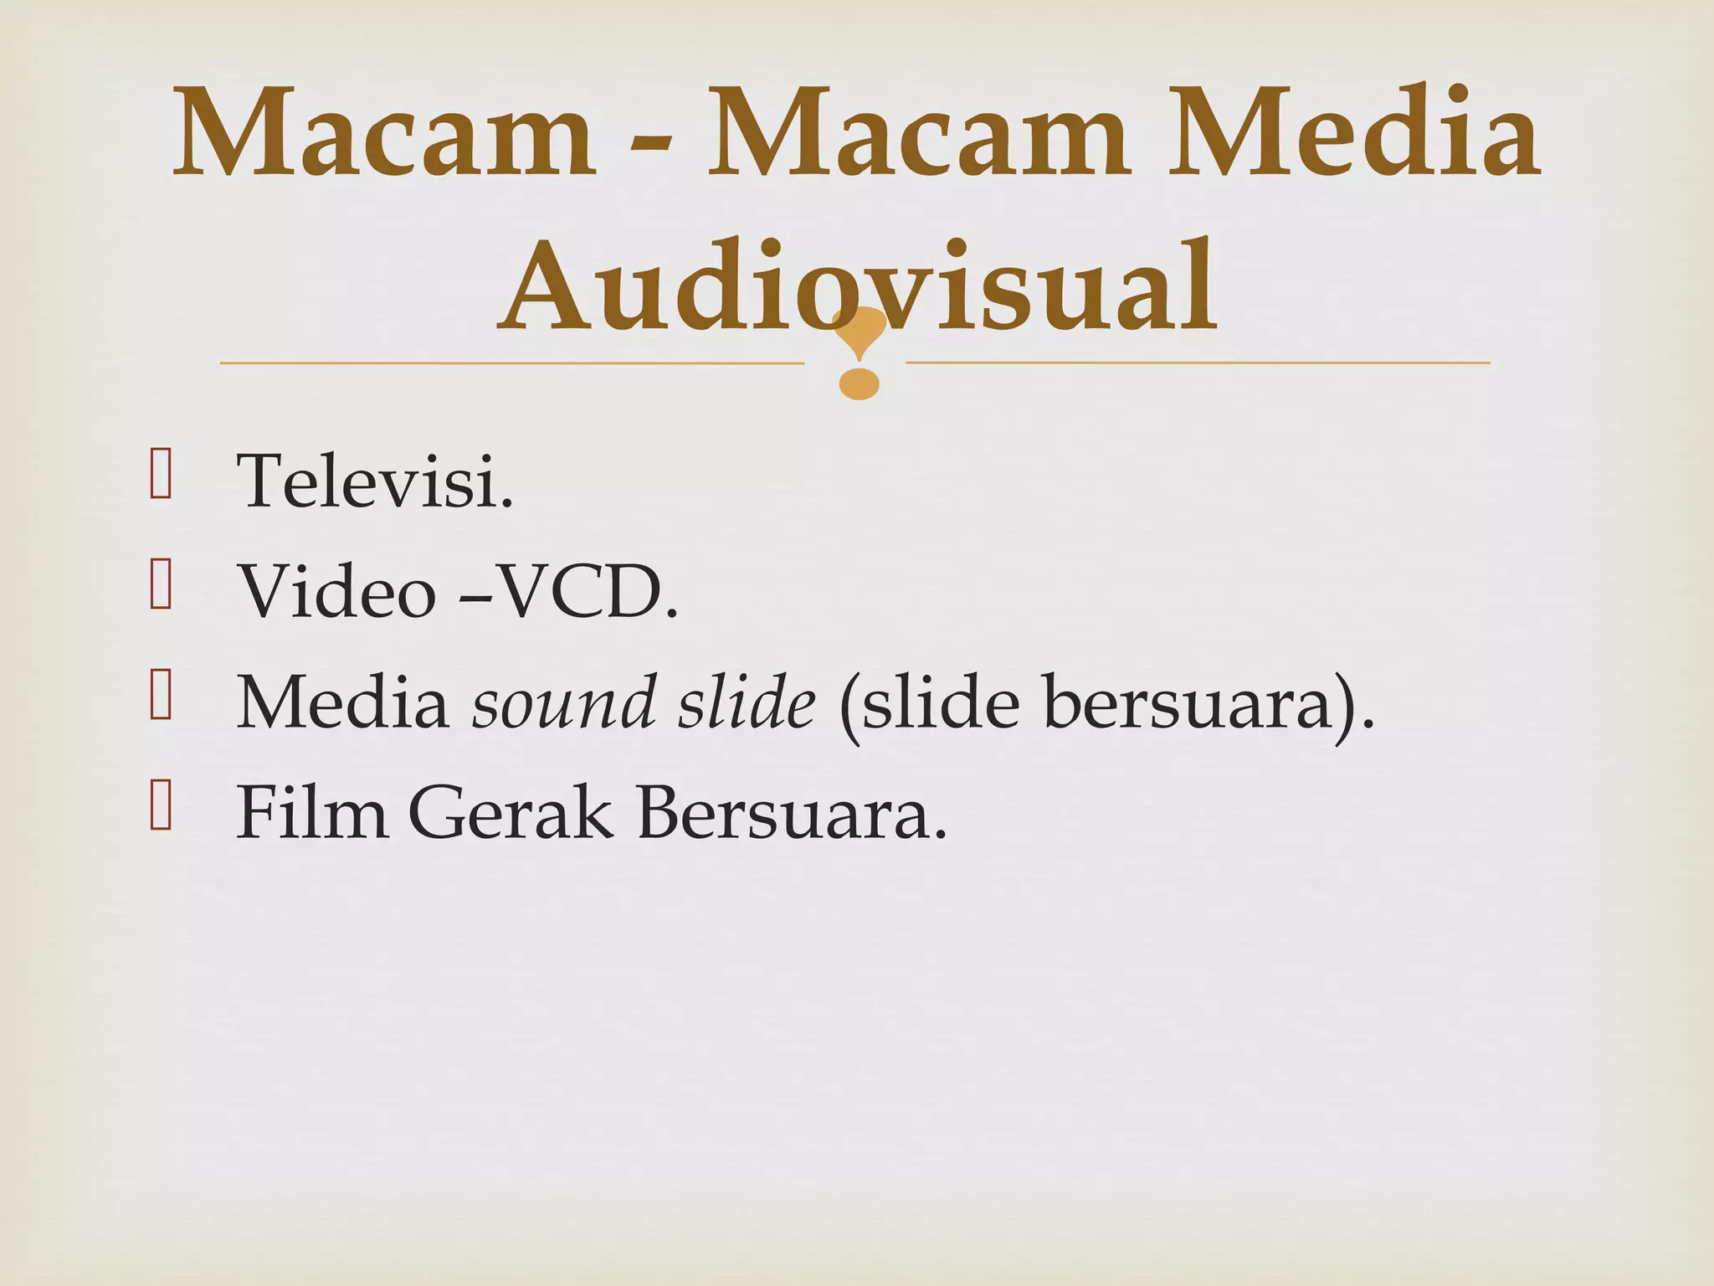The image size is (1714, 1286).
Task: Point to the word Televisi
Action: click(x=375, y=481)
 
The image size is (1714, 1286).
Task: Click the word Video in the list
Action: click(x=336, y=592)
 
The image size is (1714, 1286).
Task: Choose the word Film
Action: click(x=311, y=812)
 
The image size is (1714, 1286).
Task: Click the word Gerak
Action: click(x=511, y=812)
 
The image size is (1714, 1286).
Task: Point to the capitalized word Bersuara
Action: click(x=792, y=812)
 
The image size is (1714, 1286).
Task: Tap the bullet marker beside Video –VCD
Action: click(x=161, y=585)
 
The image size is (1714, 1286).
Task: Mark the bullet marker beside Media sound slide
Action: click(x=161, y=696)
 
